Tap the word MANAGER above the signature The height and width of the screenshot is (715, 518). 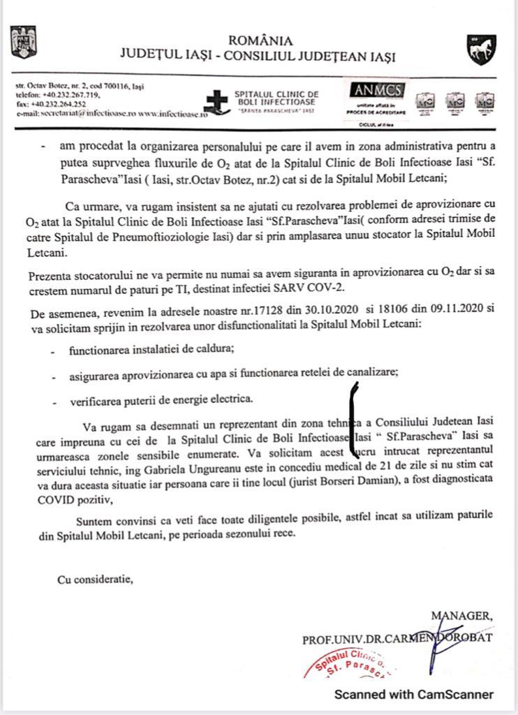[461, 615]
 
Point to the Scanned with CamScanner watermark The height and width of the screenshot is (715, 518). [413, 694]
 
